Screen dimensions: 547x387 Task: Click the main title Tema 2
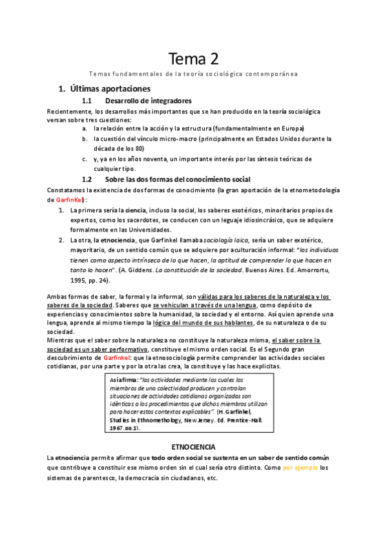[x=193, y=59]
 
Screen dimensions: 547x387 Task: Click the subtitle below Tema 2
[x=193, y=74]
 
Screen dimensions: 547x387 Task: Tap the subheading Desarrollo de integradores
[x=148, y=101]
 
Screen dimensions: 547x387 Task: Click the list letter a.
[x=85, y=128]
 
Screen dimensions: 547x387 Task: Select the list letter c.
[x=85, y=158]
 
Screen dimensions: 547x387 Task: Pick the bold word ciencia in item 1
[x=136, y=210]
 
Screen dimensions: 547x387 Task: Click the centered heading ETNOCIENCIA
[x=193, y=446]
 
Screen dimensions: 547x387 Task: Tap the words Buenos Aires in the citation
[x=266, y=270]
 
